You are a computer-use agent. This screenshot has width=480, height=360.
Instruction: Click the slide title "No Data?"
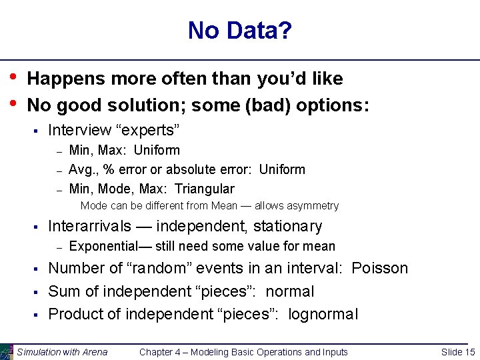(239, 31)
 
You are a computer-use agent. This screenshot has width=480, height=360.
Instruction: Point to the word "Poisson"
(379, 268)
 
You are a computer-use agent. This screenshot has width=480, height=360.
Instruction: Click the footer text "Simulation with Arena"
(62, 352)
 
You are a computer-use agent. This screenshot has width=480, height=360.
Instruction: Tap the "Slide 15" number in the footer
(458, 352)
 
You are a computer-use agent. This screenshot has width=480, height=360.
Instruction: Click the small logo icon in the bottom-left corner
(6, 352)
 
